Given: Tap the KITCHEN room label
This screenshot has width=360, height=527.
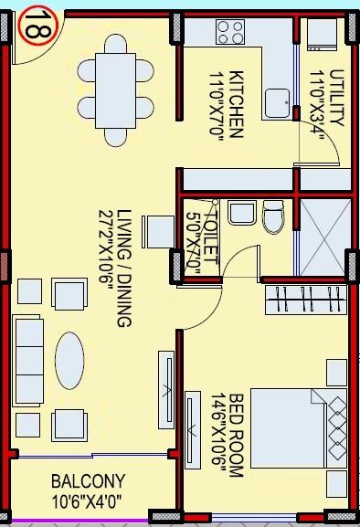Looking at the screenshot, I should (234, 103).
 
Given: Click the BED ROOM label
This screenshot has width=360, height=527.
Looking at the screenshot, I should (234, 437).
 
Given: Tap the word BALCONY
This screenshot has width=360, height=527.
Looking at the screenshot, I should (88, 480).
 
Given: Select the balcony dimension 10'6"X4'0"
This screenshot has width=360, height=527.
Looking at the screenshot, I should (88, 501).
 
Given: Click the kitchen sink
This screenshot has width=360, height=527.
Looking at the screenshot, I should (278, 103).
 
